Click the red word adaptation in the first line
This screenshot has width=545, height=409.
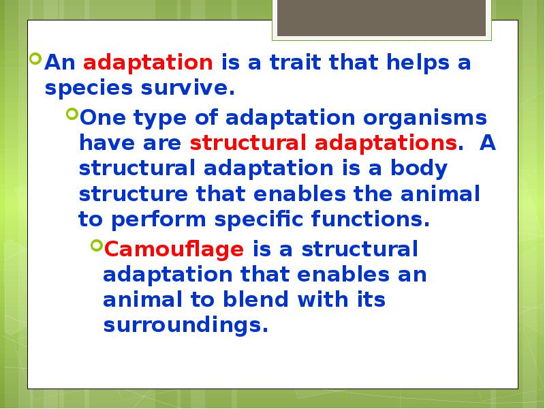(x=148, y=63)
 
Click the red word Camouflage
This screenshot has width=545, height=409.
(x=174, y=249)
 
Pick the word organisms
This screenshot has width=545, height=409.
(x=426, y=118)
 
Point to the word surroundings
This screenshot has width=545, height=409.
(x=183, y=325)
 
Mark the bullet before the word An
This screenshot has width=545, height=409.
(x=36, y=59)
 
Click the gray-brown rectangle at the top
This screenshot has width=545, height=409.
(x=381, y=18)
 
